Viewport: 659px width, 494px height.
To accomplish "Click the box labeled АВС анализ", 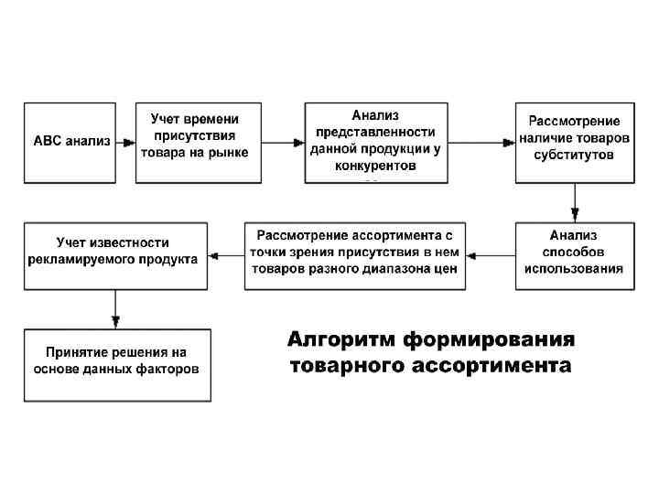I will pyautogui.click(x=71, y=142).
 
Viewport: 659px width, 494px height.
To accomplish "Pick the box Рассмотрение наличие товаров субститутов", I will pyautogui.click(x=574, y=138).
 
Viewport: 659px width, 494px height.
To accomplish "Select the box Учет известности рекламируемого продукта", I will pyautogui.click(x=115, y=252).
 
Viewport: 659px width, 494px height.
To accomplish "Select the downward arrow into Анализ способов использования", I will pyautogui.click(x=574, y=202).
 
